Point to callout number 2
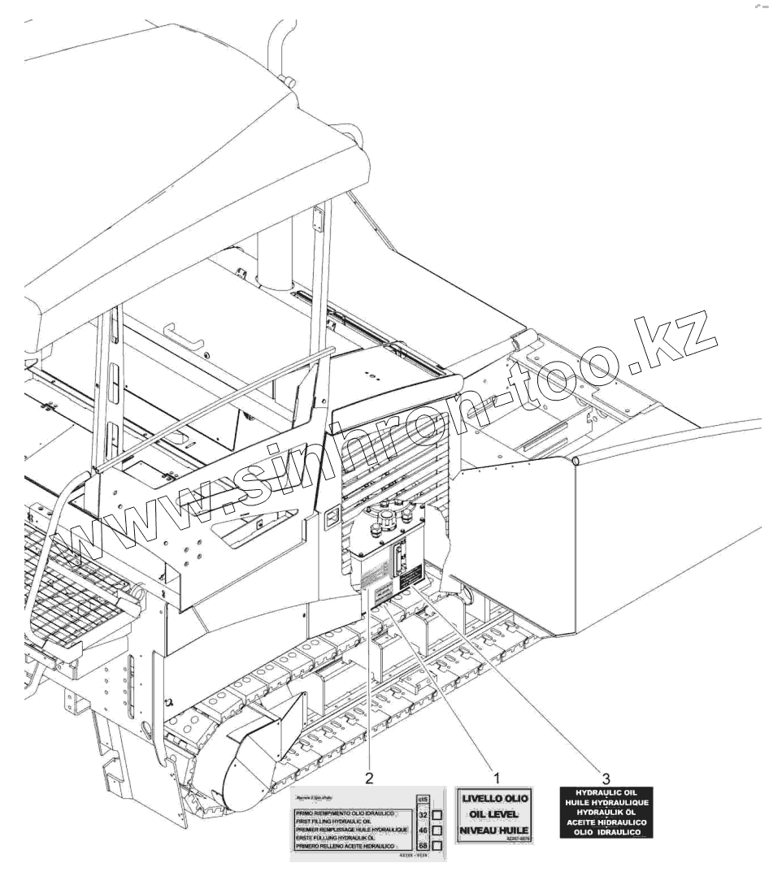click(370, 778)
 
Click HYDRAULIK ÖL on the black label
click(606, 812)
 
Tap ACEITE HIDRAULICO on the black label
click(606, 822)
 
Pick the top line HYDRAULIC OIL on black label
click(606, 791)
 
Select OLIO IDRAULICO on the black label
click(606, 832)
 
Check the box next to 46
click(437, 830)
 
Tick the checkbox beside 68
click(437, 846)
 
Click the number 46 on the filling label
click(423, 830)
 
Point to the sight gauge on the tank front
click(399, 561)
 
